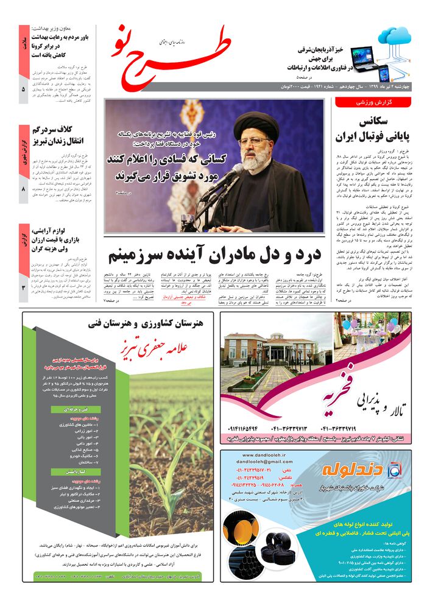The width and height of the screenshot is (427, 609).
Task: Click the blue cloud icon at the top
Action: click(395, 36)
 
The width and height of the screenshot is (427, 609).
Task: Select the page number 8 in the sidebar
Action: click(23, 189)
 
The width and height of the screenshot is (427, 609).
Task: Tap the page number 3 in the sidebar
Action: click(23, 281)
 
